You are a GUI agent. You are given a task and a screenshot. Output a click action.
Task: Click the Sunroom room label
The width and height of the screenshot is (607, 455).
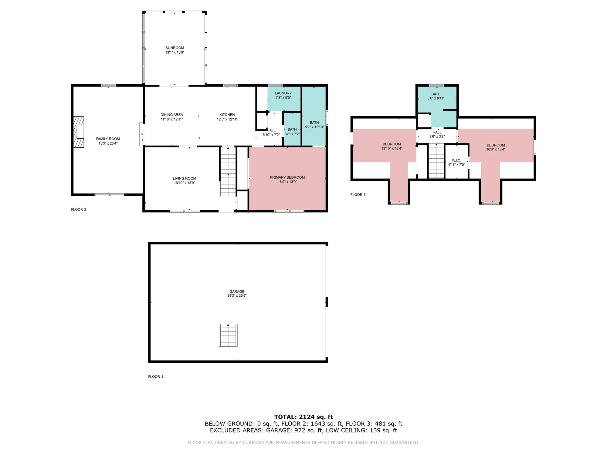pos(175,48)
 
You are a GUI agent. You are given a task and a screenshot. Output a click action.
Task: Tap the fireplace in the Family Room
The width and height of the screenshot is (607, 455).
pos(79,132)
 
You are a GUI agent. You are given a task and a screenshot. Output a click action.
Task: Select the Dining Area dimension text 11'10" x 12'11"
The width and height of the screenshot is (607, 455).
pos(172,120)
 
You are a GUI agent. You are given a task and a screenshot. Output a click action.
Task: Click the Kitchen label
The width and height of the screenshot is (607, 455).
pos(227,115)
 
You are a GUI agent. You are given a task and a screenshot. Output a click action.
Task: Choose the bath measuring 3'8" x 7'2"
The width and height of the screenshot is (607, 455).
pos(292,129)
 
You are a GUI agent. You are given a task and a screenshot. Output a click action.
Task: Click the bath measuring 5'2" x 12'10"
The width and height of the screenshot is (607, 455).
pos(314,116)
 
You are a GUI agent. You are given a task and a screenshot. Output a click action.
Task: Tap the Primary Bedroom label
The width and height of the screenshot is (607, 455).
pos(287,177)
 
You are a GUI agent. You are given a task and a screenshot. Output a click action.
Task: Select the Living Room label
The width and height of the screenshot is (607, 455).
pos(185,178)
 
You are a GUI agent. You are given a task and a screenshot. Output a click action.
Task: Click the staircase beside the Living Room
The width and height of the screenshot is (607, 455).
pos(228,171)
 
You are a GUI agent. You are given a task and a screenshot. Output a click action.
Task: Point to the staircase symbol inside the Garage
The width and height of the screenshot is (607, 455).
pos(228,335)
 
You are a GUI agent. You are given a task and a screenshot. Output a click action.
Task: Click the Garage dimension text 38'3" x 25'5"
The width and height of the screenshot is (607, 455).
pos(237,296)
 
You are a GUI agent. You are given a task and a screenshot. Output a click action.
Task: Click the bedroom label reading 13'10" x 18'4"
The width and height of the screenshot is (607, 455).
pos(392,149)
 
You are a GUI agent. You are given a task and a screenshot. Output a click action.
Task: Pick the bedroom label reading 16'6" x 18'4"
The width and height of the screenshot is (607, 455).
pos(496,149)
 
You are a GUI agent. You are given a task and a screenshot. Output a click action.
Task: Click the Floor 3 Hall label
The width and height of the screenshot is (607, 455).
pos(437,132)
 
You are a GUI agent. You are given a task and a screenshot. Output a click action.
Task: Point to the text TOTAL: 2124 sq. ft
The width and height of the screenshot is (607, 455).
pos(303,417)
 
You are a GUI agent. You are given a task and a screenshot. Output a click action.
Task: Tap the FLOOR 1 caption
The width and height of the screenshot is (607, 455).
pos(156,377)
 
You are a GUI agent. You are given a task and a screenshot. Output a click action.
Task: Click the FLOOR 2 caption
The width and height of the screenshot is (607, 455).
pos(79,210)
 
